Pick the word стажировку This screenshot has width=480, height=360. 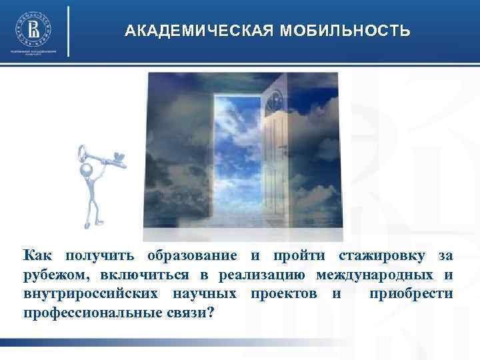[382, 256]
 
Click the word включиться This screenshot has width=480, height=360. [143, 275]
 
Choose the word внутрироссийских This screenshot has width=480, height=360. [93, 293]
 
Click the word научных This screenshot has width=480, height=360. [206, 293]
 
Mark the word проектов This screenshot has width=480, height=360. [285, 293]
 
